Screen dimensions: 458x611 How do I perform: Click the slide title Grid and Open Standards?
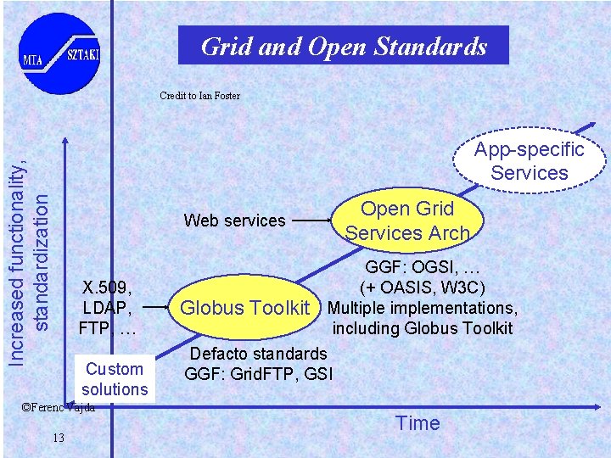click(x=343, y=46)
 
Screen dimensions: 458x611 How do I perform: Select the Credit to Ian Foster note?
click(x=199, y=96)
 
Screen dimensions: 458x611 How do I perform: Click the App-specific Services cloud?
click(x=530, y=161)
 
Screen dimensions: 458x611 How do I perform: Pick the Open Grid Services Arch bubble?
click(x=407, y=221)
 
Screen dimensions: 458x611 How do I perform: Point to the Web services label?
click(x=234, y=221)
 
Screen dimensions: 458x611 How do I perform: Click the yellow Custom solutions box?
click(x=115, y=379)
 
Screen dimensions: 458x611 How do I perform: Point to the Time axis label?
click(x=418, y=423)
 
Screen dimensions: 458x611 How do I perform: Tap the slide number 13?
click(x=58, y=438)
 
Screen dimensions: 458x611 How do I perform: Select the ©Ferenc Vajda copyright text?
click(x=57, y=407)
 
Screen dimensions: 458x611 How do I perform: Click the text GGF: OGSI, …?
click(x=423, y=267)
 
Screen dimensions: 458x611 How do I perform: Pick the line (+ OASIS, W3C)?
click(x=423, y=288)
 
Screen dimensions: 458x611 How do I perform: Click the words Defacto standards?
click(x=259, y=353)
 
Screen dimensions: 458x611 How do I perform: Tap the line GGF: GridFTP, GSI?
click(x=259, y=373)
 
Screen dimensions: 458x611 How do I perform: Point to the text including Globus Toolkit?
click(x=423, y=328)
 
